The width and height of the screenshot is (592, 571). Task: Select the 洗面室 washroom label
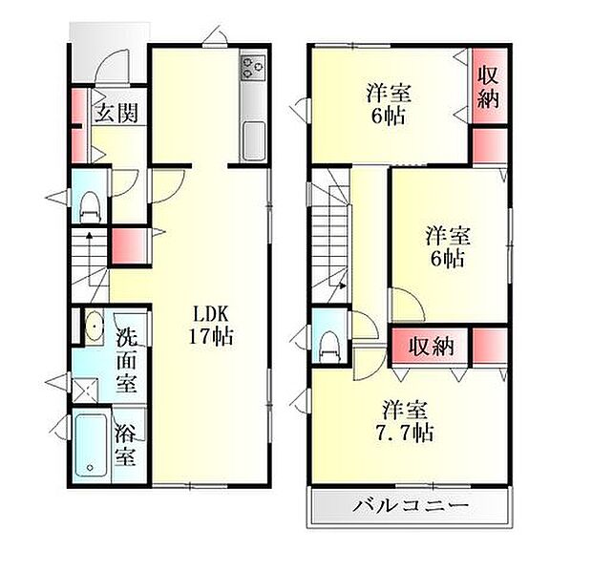pos(127,360)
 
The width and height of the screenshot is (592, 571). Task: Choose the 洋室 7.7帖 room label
pos(406,421)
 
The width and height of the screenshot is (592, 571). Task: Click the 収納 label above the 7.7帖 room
pos(430,346)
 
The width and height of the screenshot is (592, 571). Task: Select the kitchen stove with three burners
pos(253,68)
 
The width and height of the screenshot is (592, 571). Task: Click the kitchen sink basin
pos(254,142)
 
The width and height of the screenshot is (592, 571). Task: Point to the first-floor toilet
pos(92,203)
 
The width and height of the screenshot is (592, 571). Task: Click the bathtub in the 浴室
pos(91,447)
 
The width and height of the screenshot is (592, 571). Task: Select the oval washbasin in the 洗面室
pos(93,328)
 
